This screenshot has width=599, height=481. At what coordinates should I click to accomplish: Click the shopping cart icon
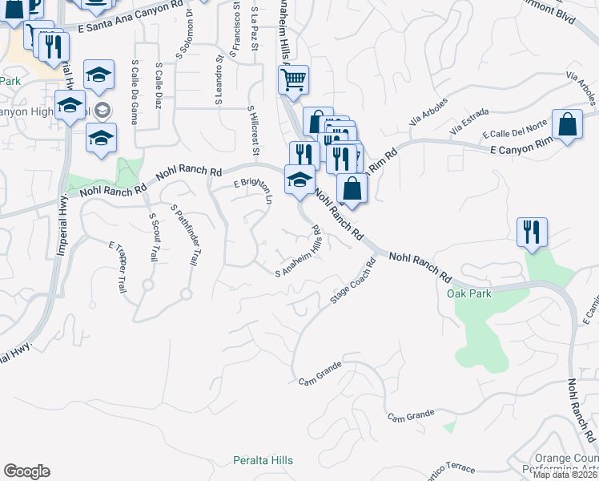tap(294, 79)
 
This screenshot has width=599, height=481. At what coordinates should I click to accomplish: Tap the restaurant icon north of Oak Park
tap(532, 232)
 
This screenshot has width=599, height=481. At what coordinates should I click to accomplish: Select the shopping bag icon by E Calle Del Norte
tap(567, 125)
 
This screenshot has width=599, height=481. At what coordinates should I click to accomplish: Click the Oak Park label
tap(468, 293)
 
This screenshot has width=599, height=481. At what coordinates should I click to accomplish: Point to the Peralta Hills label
tap(263, 460)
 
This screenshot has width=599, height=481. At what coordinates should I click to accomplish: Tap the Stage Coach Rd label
tap(353, 281)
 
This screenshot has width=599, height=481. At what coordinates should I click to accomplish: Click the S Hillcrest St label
tap(254, 130)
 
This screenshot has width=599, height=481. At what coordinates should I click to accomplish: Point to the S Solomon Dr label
tap(185, 38)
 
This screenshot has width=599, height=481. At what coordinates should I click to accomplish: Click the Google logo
tap(26, 471)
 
